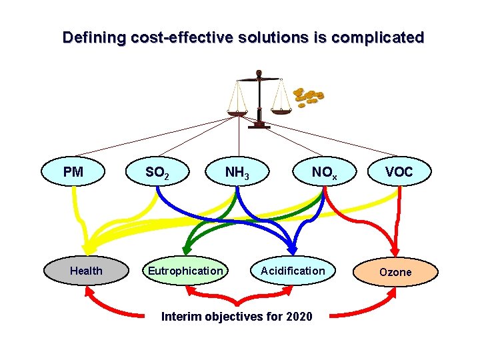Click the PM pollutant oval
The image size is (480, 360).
pyautogui.click(x=73, y=172)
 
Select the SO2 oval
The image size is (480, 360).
pyautogui.click(x=157, y=173)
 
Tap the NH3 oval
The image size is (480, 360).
pyautogui.click(x=237, y=173)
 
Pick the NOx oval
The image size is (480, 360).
pyautogui.click(x=325, y=173)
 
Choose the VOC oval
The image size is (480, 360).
pyautogui.click(x=399, y=172)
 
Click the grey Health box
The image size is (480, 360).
pyautogui.click(x=86, y=271)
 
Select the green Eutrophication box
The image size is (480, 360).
pyautogui.click(x=185, y=271)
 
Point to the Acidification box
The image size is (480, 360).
pyautogui.click(x=293, y=271)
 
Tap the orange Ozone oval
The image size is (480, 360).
pyautogui.click(x=395, y=272)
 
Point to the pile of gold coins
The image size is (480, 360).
pyautogui.click(x=309, y=97)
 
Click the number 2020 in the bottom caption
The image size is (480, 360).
pyautogui.click(x=298, y=316)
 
